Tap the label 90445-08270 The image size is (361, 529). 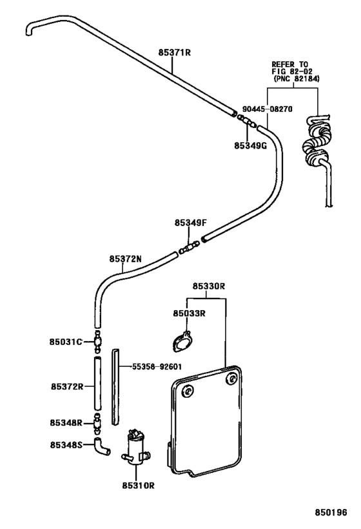point(267,109)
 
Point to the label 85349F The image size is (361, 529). point(190,223)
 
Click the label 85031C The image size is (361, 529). point(66,341)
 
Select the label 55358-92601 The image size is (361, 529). point(161,365)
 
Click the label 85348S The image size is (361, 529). point(66,444)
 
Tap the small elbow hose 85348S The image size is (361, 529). point(101,446)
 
